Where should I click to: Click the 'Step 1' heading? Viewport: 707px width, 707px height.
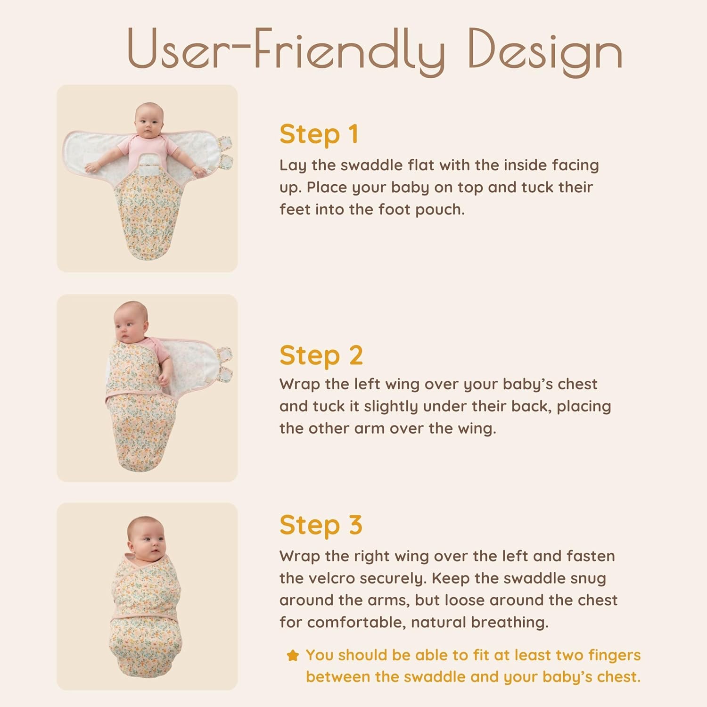(319, 135)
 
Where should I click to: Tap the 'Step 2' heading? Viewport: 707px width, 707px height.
(321, 355)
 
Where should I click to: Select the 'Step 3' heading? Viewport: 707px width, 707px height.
(321, 525)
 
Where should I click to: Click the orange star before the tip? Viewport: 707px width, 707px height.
(293, 655)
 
